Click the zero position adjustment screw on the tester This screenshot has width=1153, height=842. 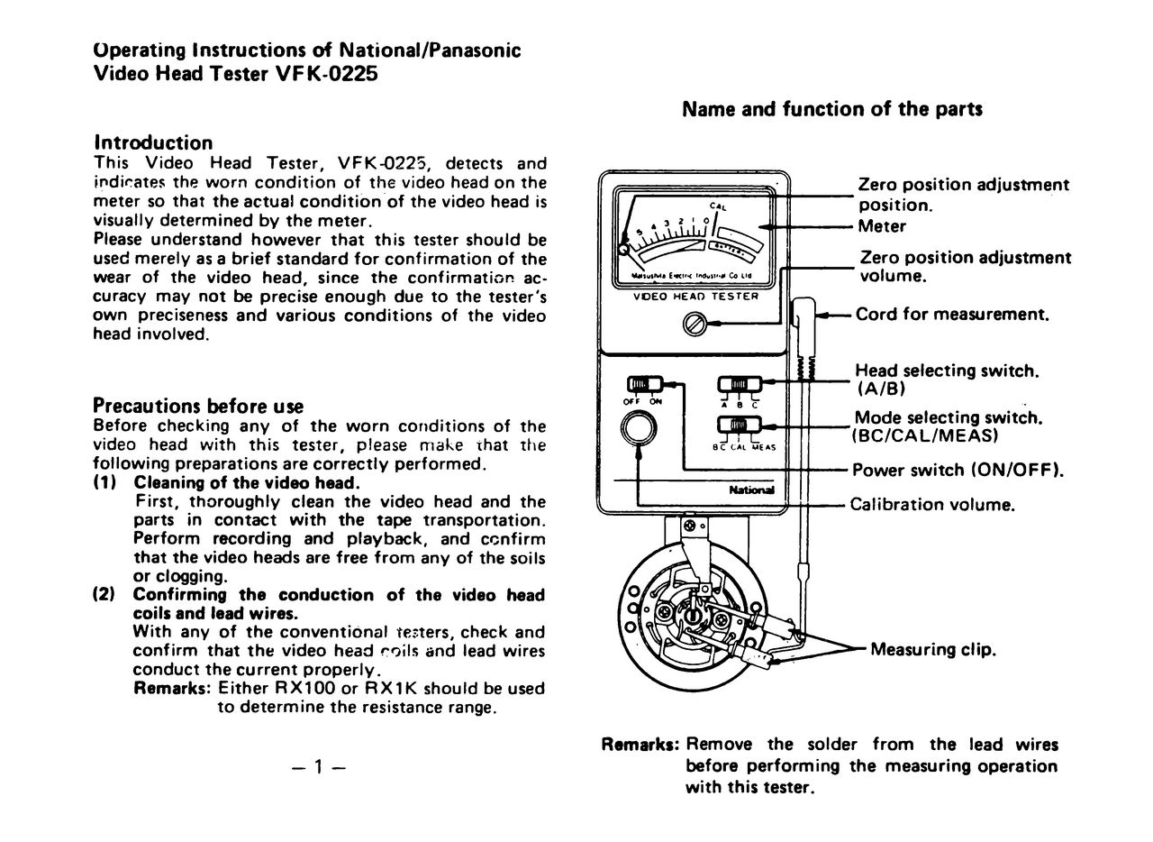[x=695, y=321]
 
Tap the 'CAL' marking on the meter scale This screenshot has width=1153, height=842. [x=718, y=207]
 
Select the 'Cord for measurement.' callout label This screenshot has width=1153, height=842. [x=952, y=315]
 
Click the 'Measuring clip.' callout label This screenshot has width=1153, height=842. [x=933, y=649]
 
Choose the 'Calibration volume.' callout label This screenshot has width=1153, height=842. [x=932, y=504]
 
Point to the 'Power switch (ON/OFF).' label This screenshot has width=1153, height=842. [x=958, y=470]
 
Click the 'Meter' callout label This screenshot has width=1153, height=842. [x=882, y=225]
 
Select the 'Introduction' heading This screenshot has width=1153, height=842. [x=153, y=142]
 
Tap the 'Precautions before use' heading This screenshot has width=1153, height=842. [x=198, y=406]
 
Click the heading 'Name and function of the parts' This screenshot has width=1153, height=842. [x=831, y=109]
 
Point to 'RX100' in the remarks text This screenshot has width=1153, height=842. [x=305, y=688]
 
